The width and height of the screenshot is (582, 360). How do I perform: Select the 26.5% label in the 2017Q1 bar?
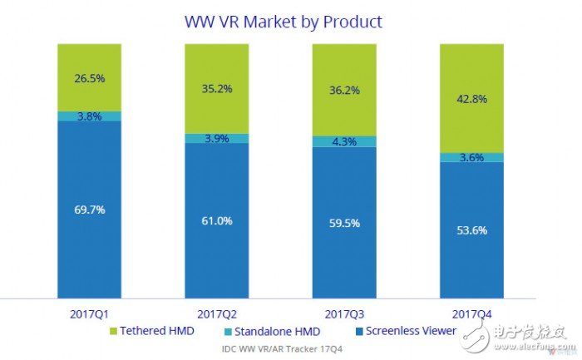click(88, 79)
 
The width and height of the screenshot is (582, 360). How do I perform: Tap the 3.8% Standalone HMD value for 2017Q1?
click(88, 116)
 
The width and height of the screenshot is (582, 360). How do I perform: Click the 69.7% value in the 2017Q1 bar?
click(88, 210)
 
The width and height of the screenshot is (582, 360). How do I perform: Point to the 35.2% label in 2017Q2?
click(215, 91)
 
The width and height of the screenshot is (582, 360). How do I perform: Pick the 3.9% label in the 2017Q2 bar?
click(215, 138)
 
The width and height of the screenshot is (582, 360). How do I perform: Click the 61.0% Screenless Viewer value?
click(215, 220)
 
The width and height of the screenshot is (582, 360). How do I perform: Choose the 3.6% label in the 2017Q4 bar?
click(471, 157)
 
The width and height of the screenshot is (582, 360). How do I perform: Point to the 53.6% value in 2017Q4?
click(471, 230)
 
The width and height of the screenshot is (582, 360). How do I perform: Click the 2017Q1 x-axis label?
click(88, 313)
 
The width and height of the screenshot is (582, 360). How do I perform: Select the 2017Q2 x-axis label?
click(215, 313)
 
